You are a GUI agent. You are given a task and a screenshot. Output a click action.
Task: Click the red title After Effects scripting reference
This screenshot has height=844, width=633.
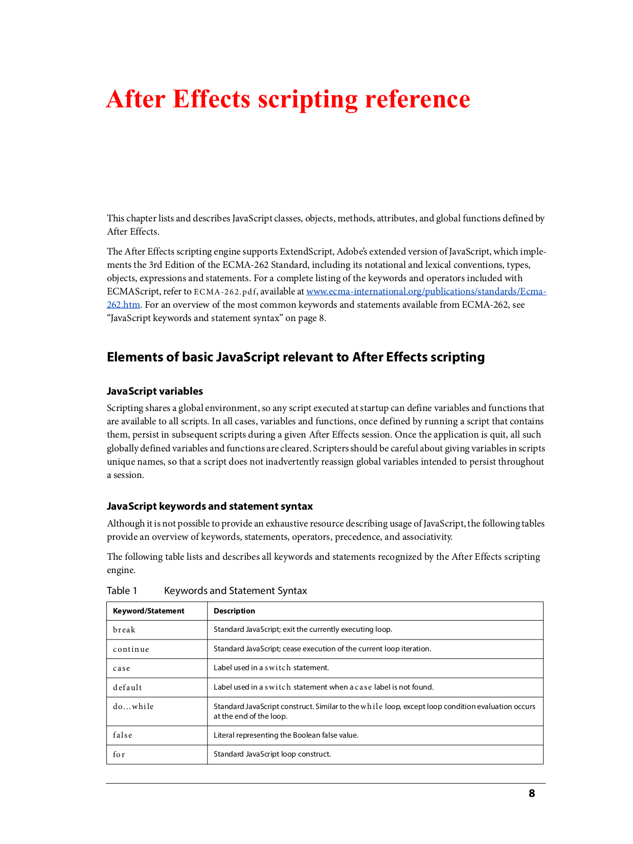point(288,99)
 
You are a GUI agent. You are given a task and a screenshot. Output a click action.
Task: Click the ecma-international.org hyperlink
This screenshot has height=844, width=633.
point(425,291)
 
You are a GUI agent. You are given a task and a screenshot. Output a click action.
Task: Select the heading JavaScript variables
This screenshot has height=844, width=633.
point(154,391)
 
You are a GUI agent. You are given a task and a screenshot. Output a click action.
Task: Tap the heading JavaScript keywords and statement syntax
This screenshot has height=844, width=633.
point(210,506)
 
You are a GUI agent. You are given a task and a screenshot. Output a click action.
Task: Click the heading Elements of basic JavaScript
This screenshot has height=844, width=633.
point(296,357)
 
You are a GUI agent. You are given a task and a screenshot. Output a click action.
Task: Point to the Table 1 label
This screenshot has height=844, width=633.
point(122,590)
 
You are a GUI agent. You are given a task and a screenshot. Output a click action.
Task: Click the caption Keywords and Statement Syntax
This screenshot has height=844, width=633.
point(235,590)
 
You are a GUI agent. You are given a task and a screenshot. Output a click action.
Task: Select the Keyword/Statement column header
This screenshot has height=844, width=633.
point(148,611)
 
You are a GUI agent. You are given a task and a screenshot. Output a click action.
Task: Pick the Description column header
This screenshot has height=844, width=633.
point(234,611)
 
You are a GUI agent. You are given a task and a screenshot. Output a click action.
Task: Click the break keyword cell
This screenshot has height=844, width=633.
point(124,630)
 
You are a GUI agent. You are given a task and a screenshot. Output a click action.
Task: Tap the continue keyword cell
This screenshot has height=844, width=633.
point(131,649)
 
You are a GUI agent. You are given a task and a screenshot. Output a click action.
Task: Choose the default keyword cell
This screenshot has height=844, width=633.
point(127,688)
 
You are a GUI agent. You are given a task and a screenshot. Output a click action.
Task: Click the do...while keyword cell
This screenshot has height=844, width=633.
point(133,706)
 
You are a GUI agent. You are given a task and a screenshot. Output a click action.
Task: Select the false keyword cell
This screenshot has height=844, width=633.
point(123,735)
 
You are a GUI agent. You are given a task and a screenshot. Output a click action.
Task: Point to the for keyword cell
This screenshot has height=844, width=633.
point(119,755)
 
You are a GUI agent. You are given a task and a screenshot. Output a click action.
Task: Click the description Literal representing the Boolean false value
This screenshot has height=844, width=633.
point(286,735)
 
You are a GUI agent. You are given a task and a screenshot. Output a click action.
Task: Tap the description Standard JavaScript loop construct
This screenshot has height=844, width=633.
point(272,754)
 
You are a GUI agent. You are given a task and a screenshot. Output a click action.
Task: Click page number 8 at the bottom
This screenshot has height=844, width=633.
point(532,793)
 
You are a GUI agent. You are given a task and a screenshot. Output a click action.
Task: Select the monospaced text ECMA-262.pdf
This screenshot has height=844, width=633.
point(225,292)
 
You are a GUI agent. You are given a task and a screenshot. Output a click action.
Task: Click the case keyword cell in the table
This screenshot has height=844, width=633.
point(122,668)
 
